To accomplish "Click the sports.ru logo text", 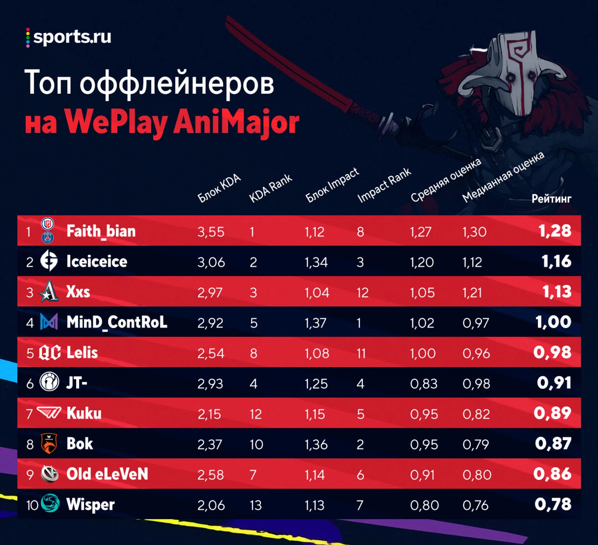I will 72,37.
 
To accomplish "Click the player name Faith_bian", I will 101,231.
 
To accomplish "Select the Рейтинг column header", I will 551,199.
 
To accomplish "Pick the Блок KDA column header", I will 219,188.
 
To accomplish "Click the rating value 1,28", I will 555,231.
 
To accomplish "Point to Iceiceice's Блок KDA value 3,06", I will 211,262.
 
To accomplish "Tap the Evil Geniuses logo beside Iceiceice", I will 49,261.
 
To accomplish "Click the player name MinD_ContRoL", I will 117,322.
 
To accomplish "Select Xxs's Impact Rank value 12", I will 362,293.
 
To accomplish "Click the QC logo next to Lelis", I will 50,353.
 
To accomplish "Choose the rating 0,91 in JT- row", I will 554,383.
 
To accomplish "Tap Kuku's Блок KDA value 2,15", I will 209,414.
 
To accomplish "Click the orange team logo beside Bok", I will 49,443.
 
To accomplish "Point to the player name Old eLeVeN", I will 107,474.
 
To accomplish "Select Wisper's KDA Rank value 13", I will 256,505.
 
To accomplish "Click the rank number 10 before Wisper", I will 32,505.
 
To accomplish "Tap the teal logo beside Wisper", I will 50,503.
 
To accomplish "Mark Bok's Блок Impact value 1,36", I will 316,445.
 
